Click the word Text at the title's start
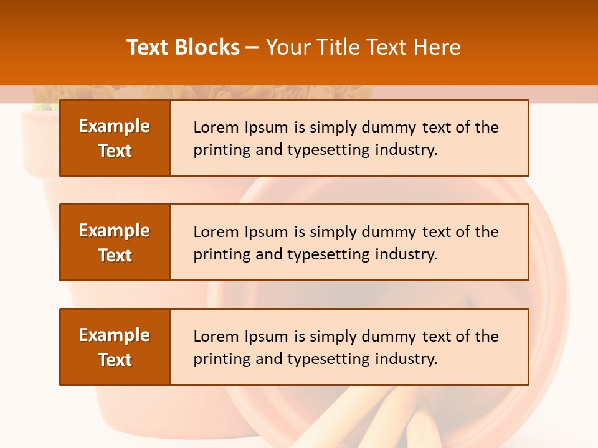(148, 47)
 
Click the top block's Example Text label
(115, 138)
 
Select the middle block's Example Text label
(115, 243)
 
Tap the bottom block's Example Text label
(115, 347)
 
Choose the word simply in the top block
(330, 128)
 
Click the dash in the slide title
(252, 47)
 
